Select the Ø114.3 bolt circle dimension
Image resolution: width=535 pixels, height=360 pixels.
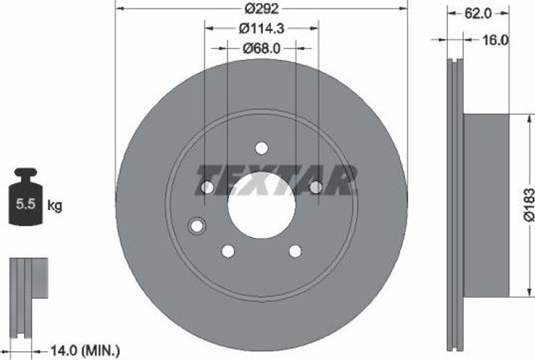coord(262,28)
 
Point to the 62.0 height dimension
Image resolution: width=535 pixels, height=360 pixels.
coord(478,14)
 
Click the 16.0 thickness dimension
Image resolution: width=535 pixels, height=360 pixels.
coord(494,40)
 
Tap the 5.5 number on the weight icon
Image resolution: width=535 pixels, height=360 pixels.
coord(25,204)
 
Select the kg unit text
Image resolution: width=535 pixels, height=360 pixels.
coord(54,205)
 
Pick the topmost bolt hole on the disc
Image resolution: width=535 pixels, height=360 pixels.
coord(262,148)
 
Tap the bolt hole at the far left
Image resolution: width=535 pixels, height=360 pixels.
coord(207,187)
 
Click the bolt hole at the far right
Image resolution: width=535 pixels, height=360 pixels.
coord(316,187)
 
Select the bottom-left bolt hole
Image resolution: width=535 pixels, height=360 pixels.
coord(228,251)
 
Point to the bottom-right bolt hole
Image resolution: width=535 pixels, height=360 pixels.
coord(295,251)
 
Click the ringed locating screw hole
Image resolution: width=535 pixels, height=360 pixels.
coord(197,226)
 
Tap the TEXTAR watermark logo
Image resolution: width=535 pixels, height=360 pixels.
coord(276,180)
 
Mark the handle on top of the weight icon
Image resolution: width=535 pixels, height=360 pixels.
coord(25,171)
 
